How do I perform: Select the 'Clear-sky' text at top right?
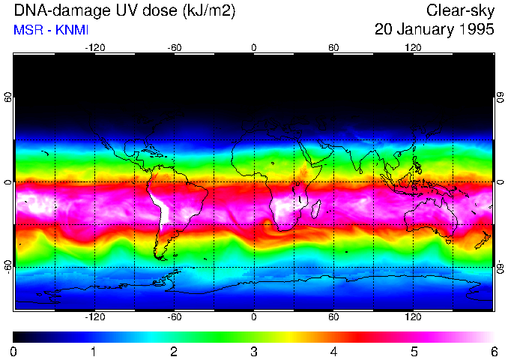click(x=460, y=11)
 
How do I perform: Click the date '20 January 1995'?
click(x=434, y=30)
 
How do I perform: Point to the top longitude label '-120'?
click(x=94, y=48)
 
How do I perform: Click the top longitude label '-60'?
click(x=174, y=48)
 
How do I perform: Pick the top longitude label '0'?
click(x=254, y=48)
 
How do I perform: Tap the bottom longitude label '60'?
click(x=333, y=317)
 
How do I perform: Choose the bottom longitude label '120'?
click(x=413, y=317)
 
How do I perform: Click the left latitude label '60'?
click(x=8, y=98)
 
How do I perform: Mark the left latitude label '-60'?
click(x=8, y=266)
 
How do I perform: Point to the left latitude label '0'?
click(x=8, y=182)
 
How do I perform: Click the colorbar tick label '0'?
click(x=14, y=351)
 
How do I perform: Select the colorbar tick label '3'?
click(x=254, y=351)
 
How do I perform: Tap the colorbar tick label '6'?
click(x=493, y=351)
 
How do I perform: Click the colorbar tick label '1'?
click(x=94, y=351)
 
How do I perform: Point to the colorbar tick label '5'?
click(x=414, y=351)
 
